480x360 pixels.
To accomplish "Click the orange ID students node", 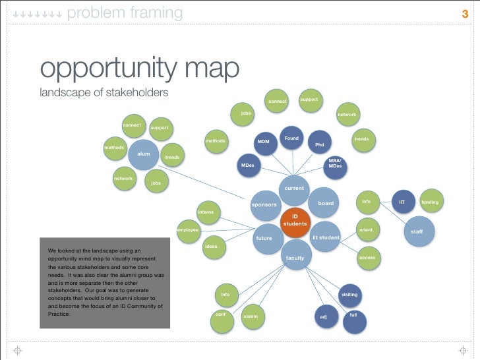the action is [x=295, y=220].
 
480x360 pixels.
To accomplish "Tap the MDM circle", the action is [x=264, y=142].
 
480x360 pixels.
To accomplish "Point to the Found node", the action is [x=291, y=138].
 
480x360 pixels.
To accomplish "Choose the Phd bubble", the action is [x=320, y=144].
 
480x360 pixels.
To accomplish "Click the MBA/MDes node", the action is [x=335, y=164].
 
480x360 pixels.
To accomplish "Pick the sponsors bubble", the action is [x=264, y=205].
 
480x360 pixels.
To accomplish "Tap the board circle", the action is [x=326, y=204].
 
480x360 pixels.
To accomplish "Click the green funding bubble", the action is [x=430, y=202].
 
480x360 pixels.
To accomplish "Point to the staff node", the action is [x=417, y=231].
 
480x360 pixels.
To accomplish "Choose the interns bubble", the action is [x=206, y=212].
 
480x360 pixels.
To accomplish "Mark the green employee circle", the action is [x=188, y=230].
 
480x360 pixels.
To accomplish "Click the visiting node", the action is [x=349, y=294].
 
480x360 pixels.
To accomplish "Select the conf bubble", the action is [x=222, y=315].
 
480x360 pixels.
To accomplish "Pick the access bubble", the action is [x=367, y=257].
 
